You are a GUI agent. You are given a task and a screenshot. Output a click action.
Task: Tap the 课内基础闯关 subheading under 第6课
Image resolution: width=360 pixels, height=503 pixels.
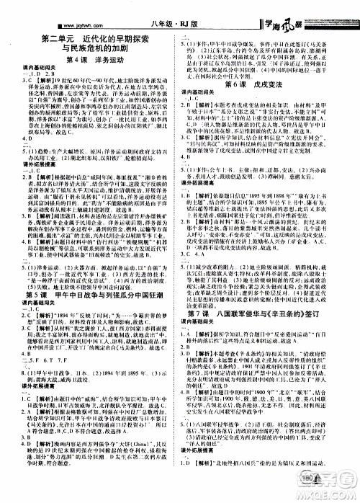[x=207, y=94]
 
